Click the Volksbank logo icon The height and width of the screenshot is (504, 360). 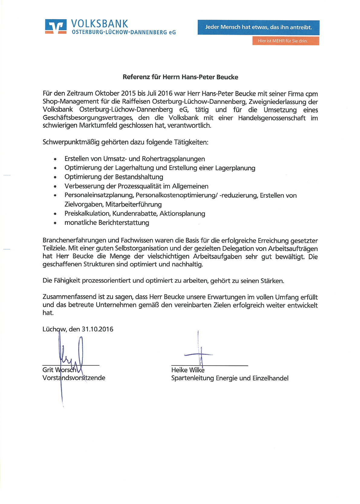pyautogui.click(x=56, y=26)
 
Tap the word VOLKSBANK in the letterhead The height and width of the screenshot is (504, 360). pyautogui.click(x=99, y=24)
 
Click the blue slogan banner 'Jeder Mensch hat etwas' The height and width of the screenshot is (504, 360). pyautogui.click(x=258, y=27)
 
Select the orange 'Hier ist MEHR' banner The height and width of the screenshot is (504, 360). pyautogui.click(x=285, y=41)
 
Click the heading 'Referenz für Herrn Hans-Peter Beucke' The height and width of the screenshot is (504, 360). pyautogui.click(x=180, y=77)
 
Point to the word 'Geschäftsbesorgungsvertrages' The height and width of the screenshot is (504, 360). pyautogui.click(x=88, y=118)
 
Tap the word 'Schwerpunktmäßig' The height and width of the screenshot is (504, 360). pyautogui.click(x=71, y=142)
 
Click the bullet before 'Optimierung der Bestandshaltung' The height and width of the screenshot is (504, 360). pyautogui.click(x=55, y=177)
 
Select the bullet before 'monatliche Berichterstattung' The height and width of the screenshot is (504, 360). pyautogui.click(x=55, y=223)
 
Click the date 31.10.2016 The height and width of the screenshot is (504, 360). pyautogui.click(x=97, y=329)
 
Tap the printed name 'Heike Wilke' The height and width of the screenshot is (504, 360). pyautogui.click(x=188, y=370)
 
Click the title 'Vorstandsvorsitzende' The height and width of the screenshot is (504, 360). pyautogui.click(x=74, y=378)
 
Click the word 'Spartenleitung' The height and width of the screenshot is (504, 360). pyautogui.click(x=192, y=378)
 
